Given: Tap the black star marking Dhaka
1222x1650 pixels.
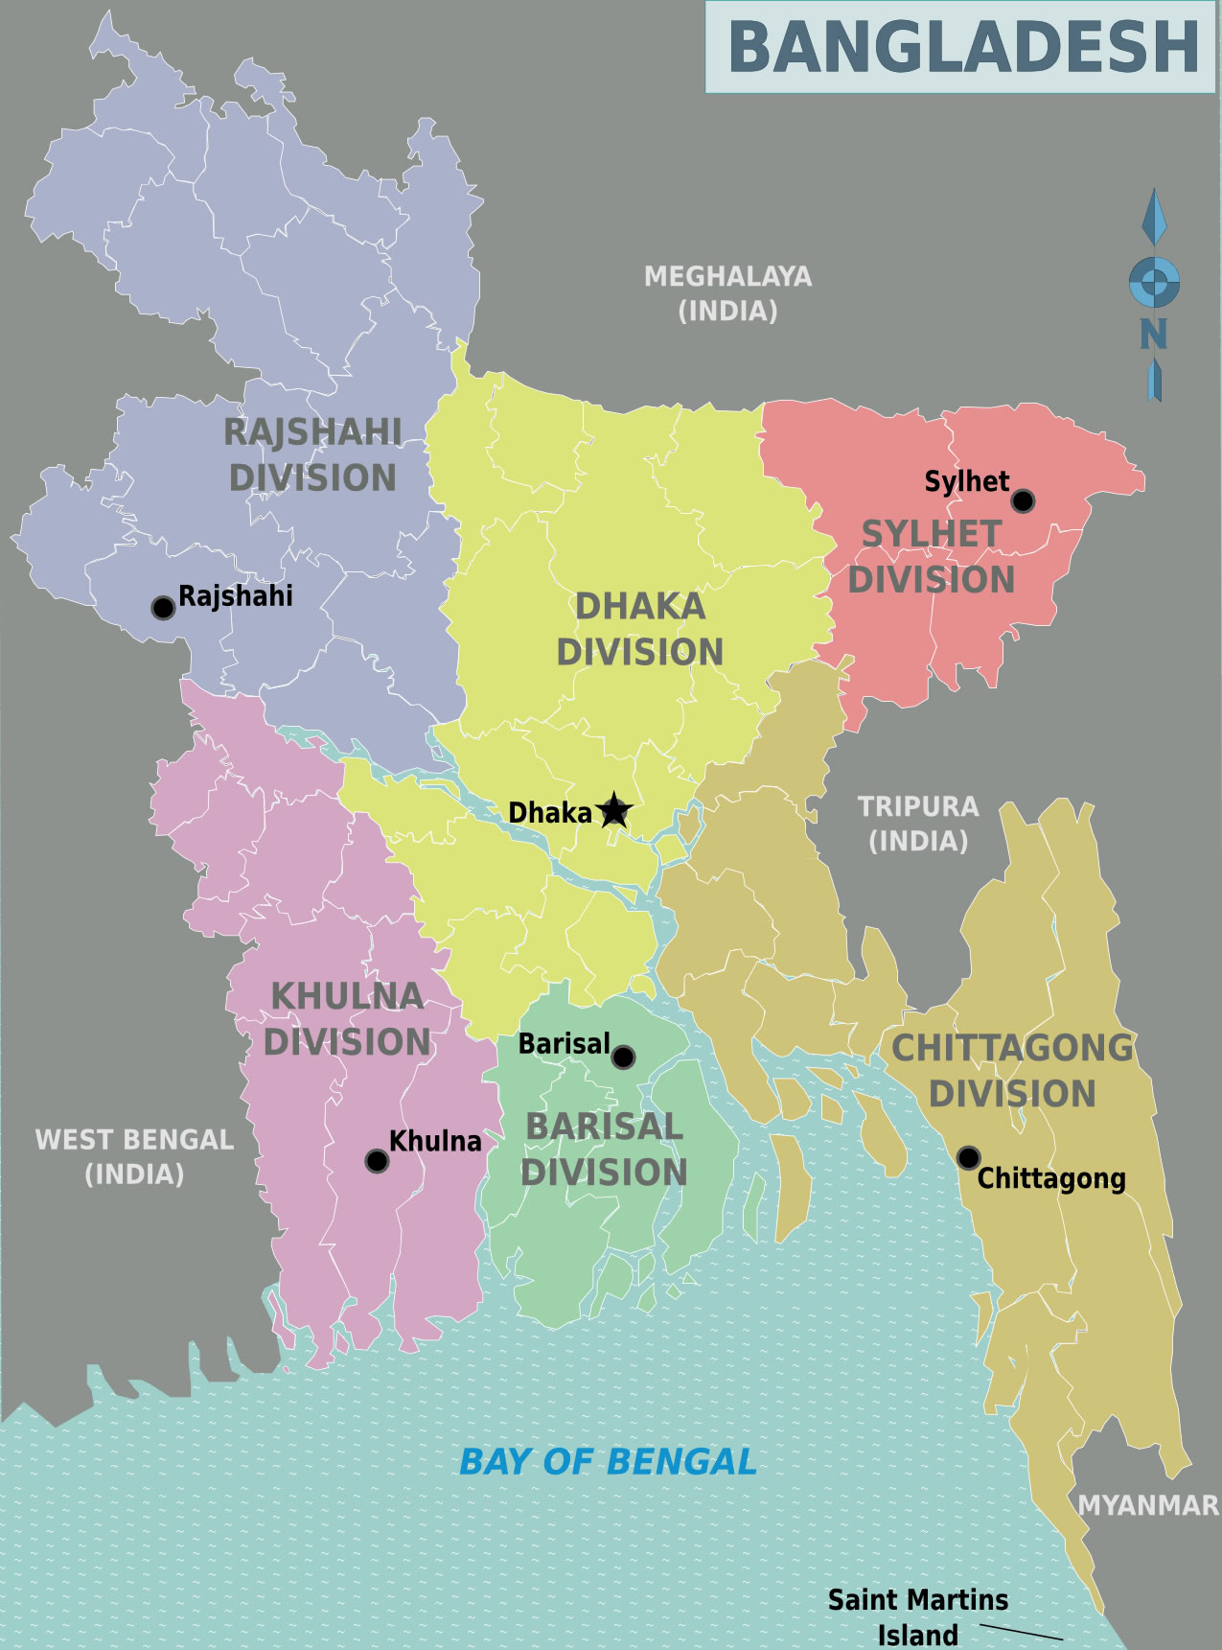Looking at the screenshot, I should (613, 811).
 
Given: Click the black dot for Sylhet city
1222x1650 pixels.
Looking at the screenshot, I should (1023, 500).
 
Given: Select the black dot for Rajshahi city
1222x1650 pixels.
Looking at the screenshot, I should (163, 608).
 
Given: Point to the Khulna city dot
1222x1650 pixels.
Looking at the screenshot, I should (377, 1161).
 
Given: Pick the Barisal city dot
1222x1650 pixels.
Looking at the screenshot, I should (623, 1057).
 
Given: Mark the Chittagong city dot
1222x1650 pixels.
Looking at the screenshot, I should (968, 1157).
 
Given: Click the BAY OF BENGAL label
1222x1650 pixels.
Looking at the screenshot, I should (608, 1462).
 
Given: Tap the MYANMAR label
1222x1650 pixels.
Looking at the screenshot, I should (1147, 1505).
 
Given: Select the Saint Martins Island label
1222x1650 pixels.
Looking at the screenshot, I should (917, 1616).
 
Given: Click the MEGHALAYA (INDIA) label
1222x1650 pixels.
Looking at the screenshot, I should (727, 293).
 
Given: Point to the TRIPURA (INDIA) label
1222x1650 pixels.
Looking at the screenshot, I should (918, 824).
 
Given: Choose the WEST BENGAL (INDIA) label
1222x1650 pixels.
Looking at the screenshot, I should (134, 1156).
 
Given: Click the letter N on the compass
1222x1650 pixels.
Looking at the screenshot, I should (1153, 335).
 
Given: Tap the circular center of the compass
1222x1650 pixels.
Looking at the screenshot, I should (1154, 283).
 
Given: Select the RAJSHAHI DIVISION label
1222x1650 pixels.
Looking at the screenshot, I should (312, 454).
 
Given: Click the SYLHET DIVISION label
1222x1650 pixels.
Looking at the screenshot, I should (931, 556).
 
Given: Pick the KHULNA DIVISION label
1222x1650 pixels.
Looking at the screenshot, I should (347, 1018).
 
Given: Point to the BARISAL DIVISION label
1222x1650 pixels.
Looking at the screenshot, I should (604, 1149).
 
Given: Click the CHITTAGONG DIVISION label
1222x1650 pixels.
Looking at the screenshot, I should (1012, 1070).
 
